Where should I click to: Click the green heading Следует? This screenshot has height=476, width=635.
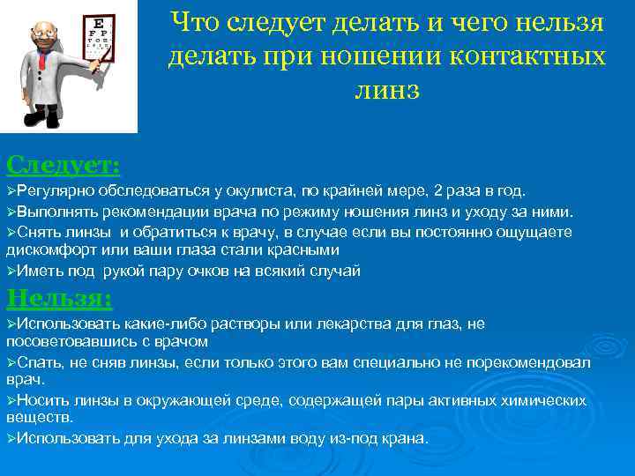tap(63, 165)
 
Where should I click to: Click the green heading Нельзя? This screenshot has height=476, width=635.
tap(59, 299)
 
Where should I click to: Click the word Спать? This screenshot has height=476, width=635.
tap(38, 363)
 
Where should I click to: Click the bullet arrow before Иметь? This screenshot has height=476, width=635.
tap(11, 271)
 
